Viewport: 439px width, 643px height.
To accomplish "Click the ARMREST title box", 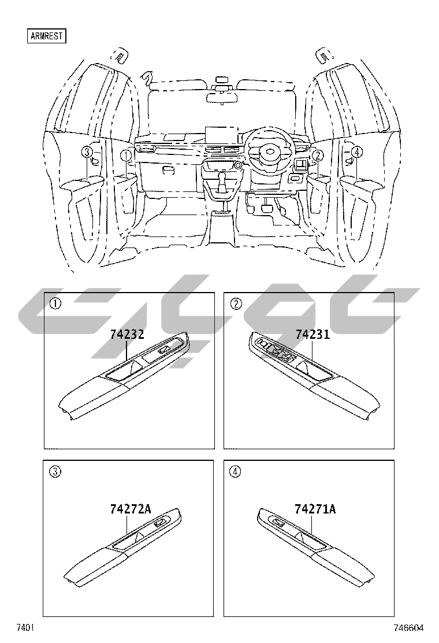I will (x=47, y=36).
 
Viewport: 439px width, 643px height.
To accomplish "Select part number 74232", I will (x=127, y=335).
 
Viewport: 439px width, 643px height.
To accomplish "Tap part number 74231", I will (x=312, y=335).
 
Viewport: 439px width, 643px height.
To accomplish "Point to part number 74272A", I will (x=131, y=509).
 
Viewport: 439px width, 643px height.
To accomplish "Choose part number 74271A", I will (x=315, y=509).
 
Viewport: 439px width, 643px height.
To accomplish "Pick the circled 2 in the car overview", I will (x=317, y=154).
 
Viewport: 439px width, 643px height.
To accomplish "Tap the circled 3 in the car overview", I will (x=87, y=152).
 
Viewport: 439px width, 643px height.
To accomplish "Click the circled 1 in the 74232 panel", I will (x=55, y=304).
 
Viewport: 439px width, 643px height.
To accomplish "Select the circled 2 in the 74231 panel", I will (x=235, y=304).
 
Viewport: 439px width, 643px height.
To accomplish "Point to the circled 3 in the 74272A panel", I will (x=55, y=471).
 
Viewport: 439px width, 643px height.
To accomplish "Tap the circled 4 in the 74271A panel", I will (x=235, y=471).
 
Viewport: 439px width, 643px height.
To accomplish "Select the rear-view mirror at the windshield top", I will (x=222, y=96).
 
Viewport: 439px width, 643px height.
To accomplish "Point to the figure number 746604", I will (x=408, y=628).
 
